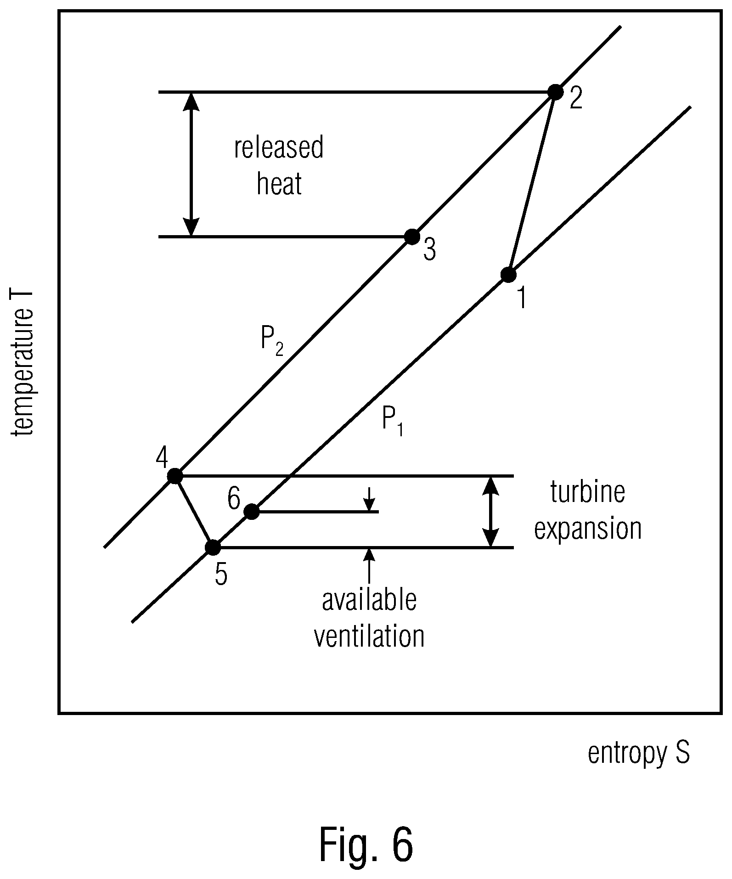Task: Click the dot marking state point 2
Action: pos(555,92)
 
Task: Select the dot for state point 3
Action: pos(412,237)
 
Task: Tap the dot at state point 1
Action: pos(508,275)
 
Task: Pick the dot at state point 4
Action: pos(175,476)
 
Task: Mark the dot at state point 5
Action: pos(213,547)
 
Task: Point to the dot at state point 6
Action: pos(251,512)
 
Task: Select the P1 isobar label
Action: pos(393,422)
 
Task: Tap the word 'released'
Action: pos(279,147)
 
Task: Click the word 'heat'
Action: pos(279,184)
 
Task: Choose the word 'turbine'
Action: pos(588,492)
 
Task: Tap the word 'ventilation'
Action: pos(369,636)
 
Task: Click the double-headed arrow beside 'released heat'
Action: pos(191,164)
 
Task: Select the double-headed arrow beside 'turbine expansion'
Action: pos(491,512)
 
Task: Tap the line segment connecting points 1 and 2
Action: pos(532,183)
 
